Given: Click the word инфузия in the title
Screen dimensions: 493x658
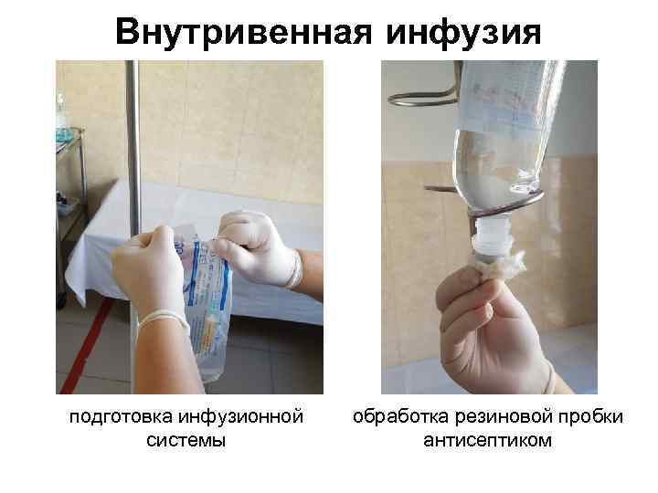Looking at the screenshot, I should coord(465,32).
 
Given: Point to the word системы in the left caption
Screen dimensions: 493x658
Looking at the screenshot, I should coord(186,441).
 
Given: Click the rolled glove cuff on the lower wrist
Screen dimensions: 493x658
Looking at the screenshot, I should coord(163,320).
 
